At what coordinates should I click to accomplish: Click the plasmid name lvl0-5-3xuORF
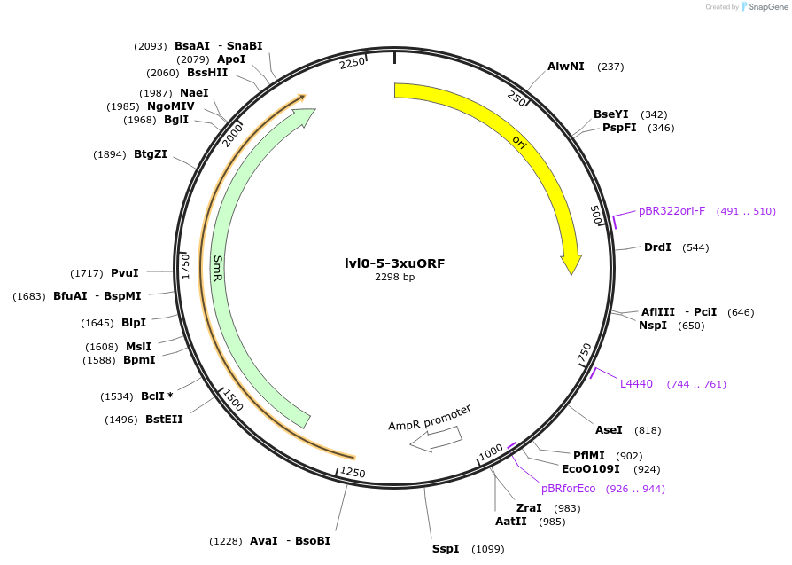[x=395, y=263]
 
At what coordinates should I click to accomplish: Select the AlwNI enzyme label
[x=565, y=67]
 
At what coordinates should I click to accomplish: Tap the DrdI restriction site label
[x=657, y=247]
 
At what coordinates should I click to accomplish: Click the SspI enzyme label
[x=446, y=549]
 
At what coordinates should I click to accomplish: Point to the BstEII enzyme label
[x=164, y=420]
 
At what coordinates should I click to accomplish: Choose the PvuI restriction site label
[x=125, y=272]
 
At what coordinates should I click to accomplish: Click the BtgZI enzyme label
[x=151, y=154]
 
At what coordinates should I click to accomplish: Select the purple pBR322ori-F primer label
[x=672, y=211]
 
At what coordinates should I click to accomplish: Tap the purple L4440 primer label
[x=636, y=384]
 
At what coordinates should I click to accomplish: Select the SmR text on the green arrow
[x=218, y=269]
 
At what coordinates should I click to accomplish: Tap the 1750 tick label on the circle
[x=186, y=266]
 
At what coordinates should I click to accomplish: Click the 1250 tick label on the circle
[x=353, y=472]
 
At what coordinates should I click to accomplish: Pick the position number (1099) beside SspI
[x=487, y=549]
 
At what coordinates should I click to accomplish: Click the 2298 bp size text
[x=395, y=277]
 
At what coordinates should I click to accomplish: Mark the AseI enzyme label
[x=609, y=430]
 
